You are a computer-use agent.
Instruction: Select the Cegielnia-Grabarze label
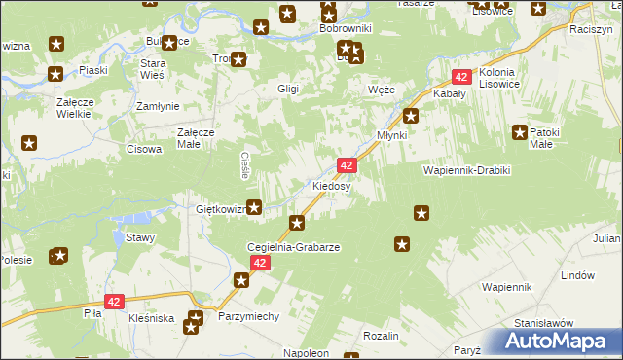[293, 248]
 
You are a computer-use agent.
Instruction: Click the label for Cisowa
[144, 149]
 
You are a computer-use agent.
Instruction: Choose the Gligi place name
[287, 89]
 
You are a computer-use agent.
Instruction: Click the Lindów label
[577, 275]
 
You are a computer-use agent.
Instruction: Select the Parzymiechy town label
[249, 317]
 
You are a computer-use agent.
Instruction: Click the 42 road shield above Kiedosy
[348, 165]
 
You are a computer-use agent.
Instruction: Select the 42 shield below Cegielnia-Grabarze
[259, 264]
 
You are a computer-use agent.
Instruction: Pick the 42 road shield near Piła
[115, 303]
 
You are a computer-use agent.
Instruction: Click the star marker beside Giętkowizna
[254, 206]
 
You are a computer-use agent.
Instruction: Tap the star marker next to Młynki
[411, 118]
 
